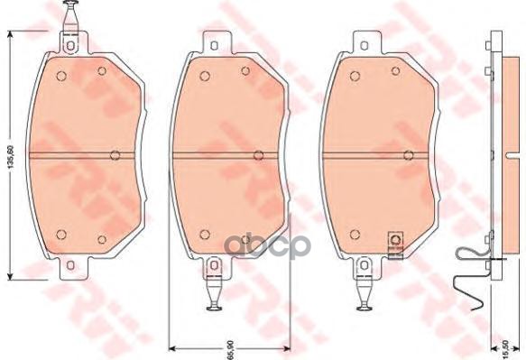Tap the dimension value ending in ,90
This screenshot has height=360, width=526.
click(228, 346)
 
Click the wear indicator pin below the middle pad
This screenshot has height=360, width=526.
click(216, 289)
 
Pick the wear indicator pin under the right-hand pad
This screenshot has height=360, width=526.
click(365, 290)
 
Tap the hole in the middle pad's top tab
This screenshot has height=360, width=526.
click(217, 47)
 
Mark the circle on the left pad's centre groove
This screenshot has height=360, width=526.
click(114, 154)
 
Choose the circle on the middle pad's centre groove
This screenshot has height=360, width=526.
click(255, 154)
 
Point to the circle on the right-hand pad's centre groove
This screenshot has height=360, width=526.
click(407, 154)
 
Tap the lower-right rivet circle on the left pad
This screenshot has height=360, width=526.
click(101, 239)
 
